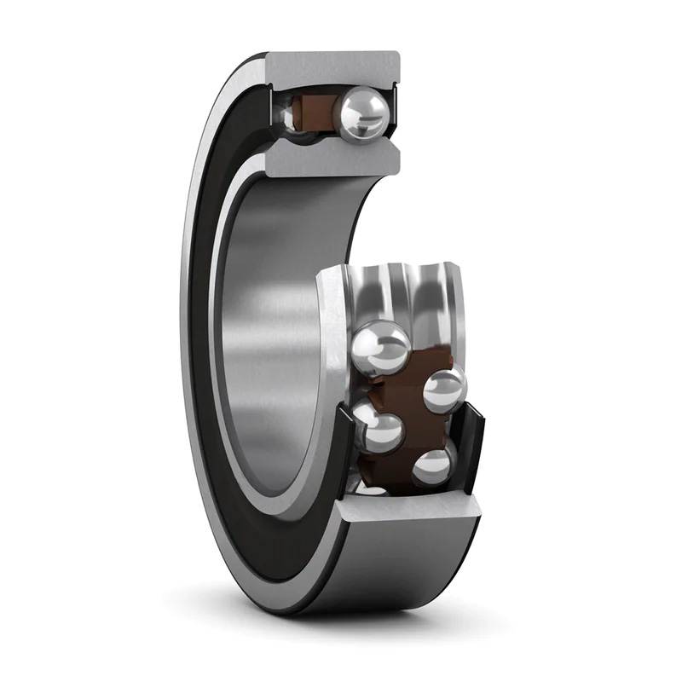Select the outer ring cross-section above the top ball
332,68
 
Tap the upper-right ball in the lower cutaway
445,389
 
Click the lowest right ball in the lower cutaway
433,466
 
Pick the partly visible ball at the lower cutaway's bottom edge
371,488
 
